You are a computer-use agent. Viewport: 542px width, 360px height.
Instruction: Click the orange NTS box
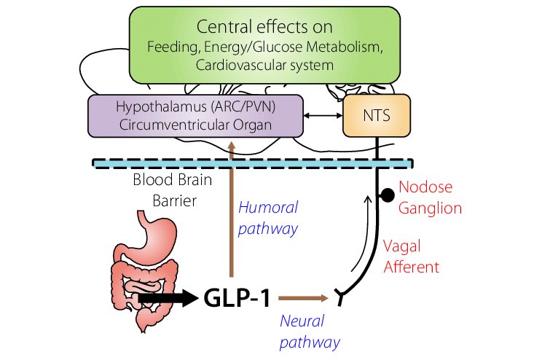pyautogui.click(x=377, y=115)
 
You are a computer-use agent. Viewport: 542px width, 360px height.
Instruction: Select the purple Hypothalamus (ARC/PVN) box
pyautogui.click(x=196, y=116)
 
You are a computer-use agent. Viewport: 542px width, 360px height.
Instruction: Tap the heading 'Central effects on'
pyautogui.click(x=264, y=27)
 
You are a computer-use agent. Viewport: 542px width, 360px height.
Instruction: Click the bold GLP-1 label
pyautogui.click(x=237, y=298)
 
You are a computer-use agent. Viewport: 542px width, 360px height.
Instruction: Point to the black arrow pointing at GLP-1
pyautogui.click(x=168, y=298)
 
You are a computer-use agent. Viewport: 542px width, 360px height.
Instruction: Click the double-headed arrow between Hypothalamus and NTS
pyautogui.click(x=323, y=115)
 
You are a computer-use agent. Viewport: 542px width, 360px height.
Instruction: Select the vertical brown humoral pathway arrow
pyautogui.click(x=232, y=209)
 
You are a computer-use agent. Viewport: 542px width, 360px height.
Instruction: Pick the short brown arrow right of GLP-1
pyautogui.click(x=304, y=298)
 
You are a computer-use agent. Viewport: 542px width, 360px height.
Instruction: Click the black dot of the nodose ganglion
pyautogui.click(x=387, y=195)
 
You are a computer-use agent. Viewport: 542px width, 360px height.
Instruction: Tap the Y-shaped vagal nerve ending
pyautogui.click(x=340, y=297)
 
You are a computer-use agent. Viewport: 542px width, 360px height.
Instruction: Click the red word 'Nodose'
pyautogui.click(x=425, y=187)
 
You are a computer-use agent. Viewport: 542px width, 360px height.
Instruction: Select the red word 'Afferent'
pyautogui.click(x=412, y=267)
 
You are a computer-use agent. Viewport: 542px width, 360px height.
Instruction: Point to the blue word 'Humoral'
pyautogui.click(x=268, y=208)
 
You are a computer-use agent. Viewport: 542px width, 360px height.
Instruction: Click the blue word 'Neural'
pyautogui.click(x=302, y=321)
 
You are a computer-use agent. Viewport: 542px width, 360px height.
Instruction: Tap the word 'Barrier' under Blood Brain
pyautogui.click(x=175, y=200)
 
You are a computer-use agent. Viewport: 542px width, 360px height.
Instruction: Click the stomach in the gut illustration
pyautogui.click(x=156, y=235)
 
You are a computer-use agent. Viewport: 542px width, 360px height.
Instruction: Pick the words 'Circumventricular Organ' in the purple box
pyautogui.click(x=196, y=125)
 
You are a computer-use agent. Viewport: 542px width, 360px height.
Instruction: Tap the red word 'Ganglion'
pyautogui.click(x=430, y=208)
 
